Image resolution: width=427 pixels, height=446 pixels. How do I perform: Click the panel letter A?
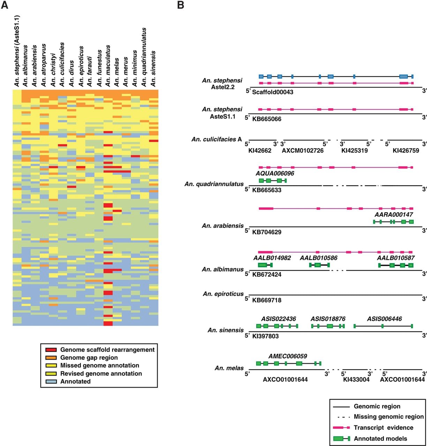click(5, 5)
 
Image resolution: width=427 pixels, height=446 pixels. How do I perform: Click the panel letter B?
click(181, 5)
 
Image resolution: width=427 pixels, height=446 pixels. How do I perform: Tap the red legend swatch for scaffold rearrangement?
click(51, 350)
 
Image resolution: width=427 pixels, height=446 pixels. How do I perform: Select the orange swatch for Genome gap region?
click(51, 358)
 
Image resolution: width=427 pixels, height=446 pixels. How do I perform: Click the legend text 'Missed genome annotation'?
click(99, 365)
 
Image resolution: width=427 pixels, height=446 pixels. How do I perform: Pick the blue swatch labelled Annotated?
click(51, 382)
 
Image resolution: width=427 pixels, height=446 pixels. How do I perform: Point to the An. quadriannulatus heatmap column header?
click(144, 57)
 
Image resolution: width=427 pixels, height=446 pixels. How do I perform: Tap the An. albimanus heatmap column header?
click(25, 66)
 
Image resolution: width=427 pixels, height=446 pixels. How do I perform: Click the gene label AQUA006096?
click(275, 173)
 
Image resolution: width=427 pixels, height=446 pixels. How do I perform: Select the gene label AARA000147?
click(394, 215)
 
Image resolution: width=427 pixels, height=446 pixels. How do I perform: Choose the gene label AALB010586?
click(319, 258)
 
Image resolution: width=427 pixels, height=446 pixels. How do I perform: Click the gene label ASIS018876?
click(328, 319)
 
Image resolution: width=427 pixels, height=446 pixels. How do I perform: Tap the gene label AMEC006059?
click(288, 356)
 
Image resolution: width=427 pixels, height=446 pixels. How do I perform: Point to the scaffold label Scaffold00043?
click(272, 92)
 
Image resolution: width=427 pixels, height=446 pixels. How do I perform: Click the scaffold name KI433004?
click(356, 379)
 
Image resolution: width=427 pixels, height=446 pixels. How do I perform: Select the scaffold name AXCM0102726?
click(303, 151)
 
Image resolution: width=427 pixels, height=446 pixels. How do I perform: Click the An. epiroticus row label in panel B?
click(223, 294)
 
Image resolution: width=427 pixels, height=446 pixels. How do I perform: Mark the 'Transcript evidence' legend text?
click(383, 428)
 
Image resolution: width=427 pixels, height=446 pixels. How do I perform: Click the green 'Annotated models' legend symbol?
click(342, 439)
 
